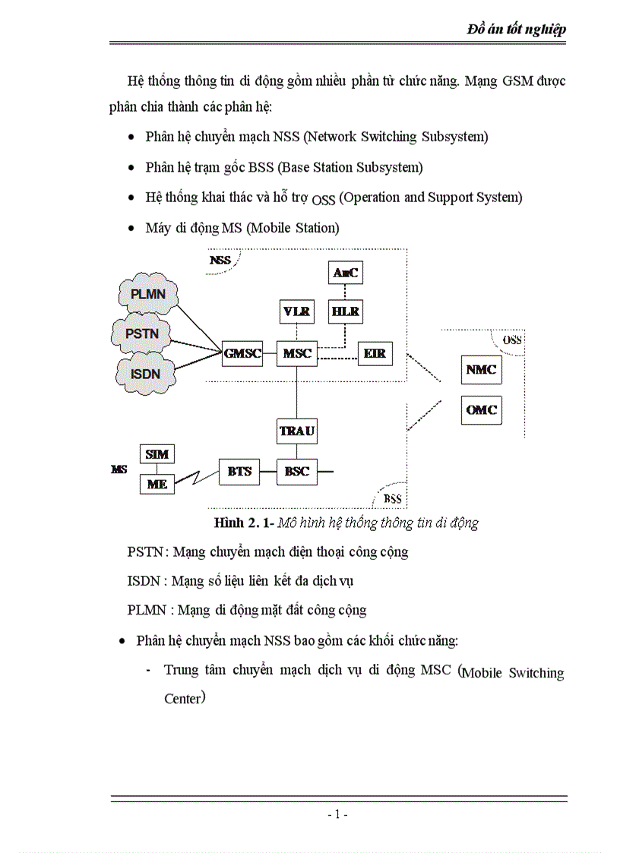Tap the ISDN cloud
pyautogui.click(x=146, y=372)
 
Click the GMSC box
pyautogui.click(x=242, y=354)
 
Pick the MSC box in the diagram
pyautogui.click(x=297, y=354)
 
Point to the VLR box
pyautogui.click(x=296, y=311)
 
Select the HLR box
pyautogui.click(x=345, y=311)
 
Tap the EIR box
pyautogui.click(x=375, y=354)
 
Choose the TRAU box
pyautogui.click(x=297, y=431)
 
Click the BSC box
pyautogui.click(x=297, y=472)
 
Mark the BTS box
pyautogui.click(x=239, y=472)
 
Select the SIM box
pyautogui.click(x=157, y=454)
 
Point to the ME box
pyautogui.click(x=157, y=483)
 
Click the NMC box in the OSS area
pyautogui.click(x=481, y=370)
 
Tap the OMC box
pyautogui.click(x=481, y=410)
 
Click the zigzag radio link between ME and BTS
pyautogui.click(x=196, y=478)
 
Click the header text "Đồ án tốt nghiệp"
pyautogui.click(x=516, y=30)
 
